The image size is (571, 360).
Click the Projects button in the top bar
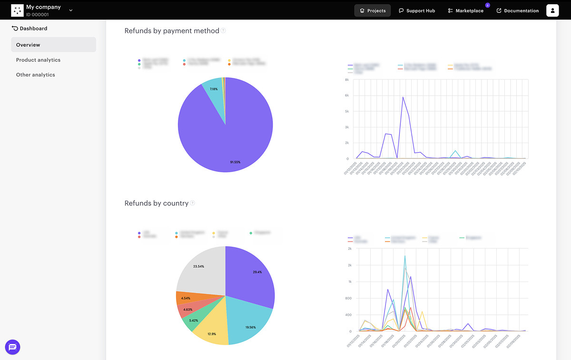point(373,10)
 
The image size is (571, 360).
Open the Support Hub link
point(417,10)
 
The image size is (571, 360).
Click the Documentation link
point(518,10)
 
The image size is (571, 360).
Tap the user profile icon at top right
point(552,10)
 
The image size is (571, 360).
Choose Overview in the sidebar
point(53,45)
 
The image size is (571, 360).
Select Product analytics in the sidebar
point(38,60)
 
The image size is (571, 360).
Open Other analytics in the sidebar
point(36,75)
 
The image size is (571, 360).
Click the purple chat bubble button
point(13,347)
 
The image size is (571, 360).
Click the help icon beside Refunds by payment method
point(223,30)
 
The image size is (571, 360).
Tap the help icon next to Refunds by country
point(193,203)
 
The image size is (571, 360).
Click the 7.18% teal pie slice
point(214,90)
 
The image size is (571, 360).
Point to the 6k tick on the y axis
point(347,96)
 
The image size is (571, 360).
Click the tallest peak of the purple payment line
point(403,97)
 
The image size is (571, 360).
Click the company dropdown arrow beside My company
point(71,10)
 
